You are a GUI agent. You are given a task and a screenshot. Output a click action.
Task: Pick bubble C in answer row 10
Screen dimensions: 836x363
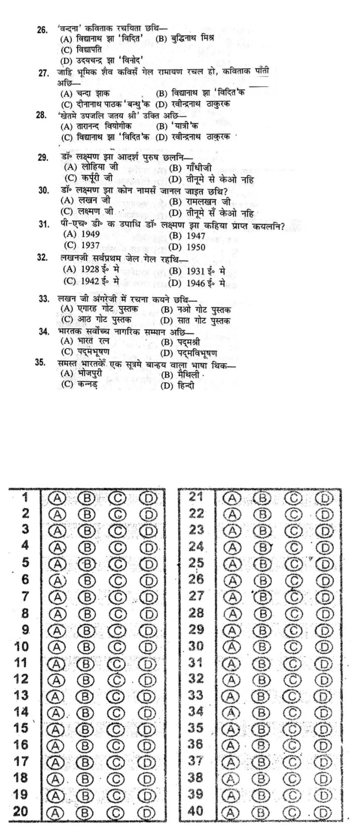118,647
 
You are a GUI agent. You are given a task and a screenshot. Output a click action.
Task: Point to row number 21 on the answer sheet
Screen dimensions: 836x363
196,497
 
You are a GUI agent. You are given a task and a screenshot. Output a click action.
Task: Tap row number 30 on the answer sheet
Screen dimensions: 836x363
196,646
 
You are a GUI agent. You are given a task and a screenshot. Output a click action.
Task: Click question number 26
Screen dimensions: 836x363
43,29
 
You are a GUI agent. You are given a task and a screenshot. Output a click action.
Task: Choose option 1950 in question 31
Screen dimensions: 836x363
196,247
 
